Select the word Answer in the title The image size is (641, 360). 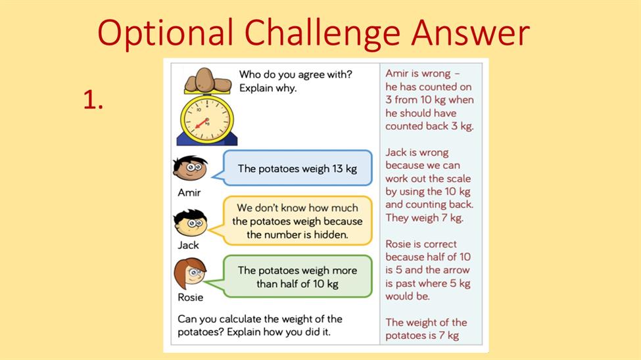coord(471,32)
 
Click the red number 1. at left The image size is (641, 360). coord(93,100)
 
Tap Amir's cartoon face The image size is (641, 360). coord(190,168)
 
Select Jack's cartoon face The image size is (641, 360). coord(190,223)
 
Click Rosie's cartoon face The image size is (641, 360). coord(190,273)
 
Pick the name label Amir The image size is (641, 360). coord(189,192)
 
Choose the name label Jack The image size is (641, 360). coord(188,245)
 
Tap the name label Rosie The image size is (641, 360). coord(190,297)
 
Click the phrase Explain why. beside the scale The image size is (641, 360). coord(268,88)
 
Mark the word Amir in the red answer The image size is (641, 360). coord(396,74)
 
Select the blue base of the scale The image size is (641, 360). coord(207,140)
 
